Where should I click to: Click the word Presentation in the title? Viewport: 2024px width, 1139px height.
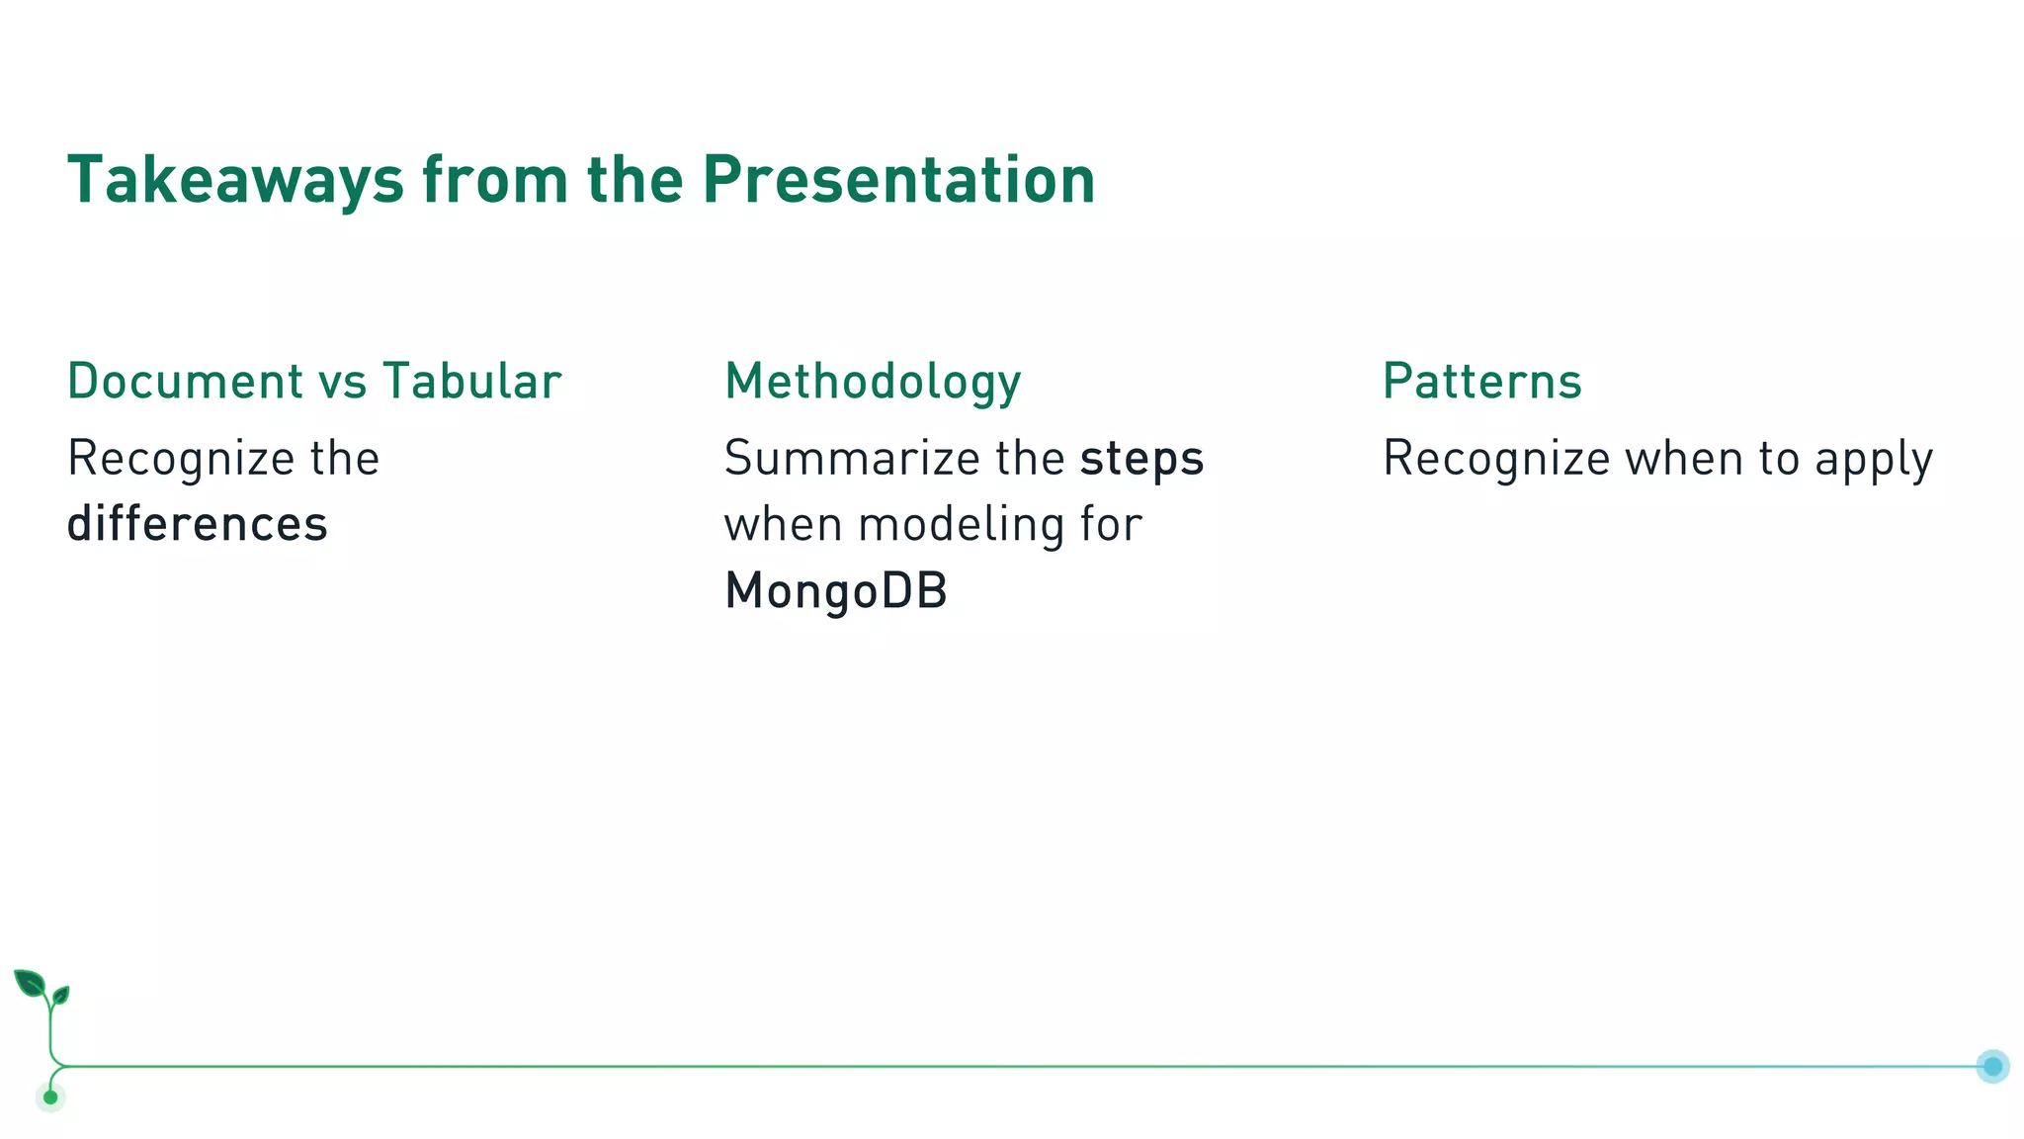[x=898, y=181]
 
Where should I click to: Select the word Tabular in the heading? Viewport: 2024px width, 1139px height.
[x=471, y=382]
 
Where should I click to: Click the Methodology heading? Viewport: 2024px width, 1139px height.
[x=873, y=383]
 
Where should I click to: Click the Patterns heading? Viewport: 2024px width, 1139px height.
[x=1481, y=382]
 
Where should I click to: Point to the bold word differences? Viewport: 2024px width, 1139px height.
[x=197, y=524]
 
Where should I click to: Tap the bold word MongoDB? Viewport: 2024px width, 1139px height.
[x=836, y=591]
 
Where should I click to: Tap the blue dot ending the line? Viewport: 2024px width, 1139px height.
[x=1992, y=1066]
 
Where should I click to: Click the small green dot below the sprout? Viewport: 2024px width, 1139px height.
[x=50, y=1097]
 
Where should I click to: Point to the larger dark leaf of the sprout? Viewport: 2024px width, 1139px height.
[x=30, y=983]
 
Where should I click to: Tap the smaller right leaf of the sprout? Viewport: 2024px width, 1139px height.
[x=61, y=994]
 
